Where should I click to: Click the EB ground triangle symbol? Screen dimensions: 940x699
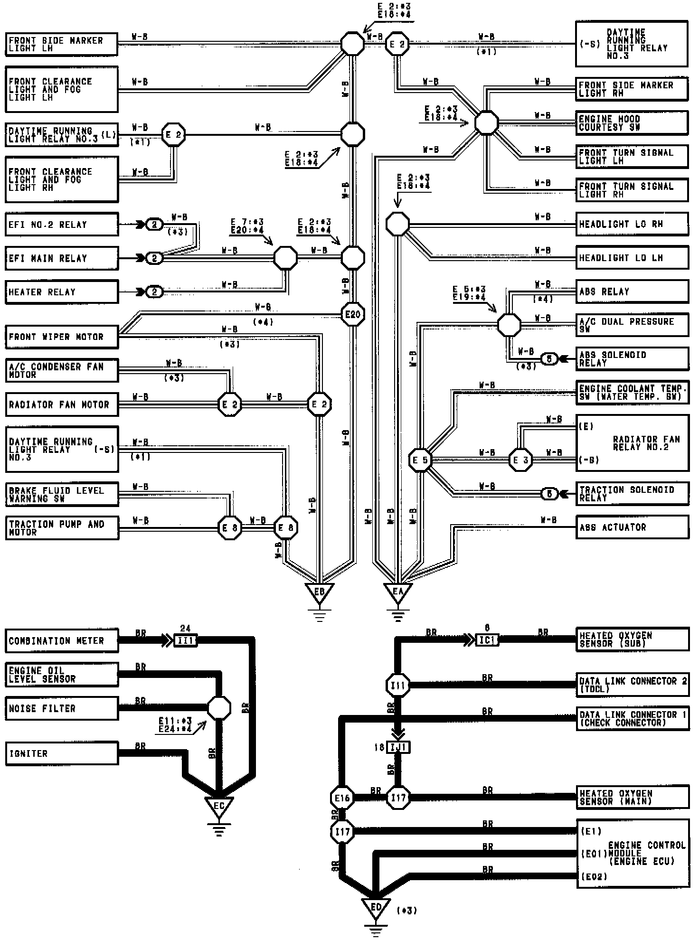(319, 592)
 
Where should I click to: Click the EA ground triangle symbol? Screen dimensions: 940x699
(397, 592)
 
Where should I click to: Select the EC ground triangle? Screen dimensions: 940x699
(218, 806)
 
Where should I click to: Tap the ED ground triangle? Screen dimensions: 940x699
(376, 907)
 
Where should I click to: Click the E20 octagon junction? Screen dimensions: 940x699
(353, 314)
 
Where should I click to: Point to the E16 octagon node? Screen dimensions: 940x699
(342, 798)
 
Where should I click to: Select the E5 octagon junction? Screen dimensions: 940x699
(420, 460)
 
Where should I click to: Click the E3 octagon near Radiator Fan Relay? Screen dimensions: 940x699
(520, 460)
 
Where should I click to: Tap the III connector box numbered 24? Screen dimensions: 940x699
(185, 640)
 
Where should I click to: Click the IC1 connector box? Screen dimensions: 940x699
(487, 640)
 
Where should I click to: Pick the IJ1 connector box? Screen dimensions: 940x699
(398, 748)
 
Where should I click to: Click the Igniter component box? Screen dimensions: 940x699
(62, 753)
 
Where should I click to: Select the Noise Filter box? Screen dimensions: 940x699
(62, 708)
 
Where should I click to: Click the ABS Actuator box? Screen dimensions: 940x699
(632, 527)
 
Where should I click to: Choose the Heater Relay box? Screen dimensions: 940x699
(62, 291)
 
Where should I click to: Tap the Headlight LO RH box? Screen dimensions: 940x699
(632, 224)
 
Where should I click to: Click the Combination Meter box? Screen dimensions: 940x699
(62, 640)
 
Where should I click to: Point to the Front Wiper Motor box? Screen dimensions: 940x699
(62, 337)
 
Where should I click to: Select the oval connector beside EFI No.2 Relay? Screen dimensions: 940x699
(154, 224)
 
